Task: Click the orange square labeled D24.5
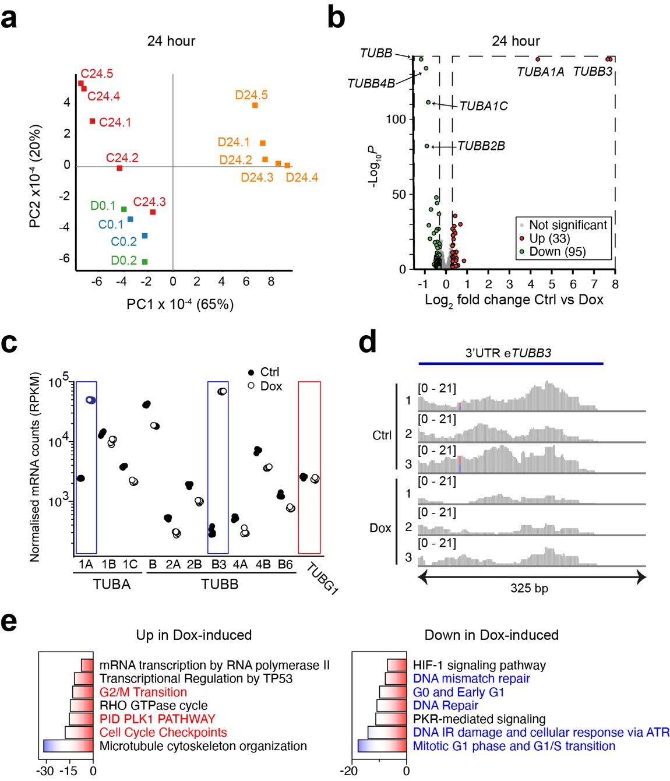click(x=255, y=105)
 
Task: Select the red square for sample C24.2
click(x=119, y=168)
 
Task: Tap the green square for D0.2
click(x=144, y=262)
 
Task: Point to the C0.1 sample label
click(x=111, y=224)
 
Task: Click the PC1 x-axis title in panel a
click(x=179, y=304)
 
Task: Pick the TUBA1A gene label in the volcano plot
click(x=540, y=72)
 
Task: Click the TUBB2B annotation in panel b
click(x=481, y=146)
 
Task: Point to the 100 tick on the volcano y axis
click(x=396, y=119)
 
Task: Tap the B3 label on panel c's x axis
click(x=218, y=564)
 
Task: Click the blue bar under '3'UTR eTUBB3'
click(x=510, y=364)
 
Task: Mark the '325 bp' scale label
click(x=529, y=588)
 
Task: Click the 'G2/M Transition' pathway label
click(x=143, y=692)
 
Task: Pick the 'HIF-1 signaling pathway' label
click(x=479, y=665)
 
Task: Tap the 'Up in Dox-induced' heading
click(x=194, y=635)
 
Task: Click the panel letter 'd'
click(x=367, y=342)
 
